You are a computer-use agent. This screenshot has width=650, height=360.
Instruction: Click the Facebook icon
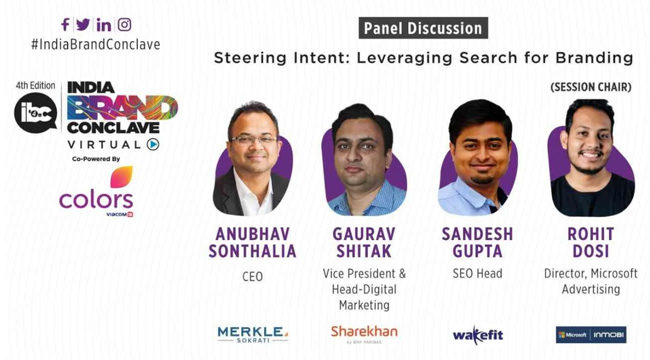[x=65, y=25]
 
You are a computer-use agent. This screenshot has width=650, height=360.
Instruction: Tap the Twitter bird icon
[x=83, y=25]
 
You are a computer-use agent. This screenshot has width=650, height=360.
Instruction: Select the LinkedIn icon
[x=103, y=25]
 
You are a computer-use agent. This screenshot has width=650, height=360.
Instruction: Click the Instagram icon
[x=125, y=25]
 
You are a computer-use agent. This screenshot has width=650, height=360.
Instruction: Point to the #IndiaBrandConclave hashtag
[x=96, y=45]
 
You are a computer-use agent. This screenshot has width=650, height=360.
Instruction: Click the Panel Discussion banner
[x=423, y=28]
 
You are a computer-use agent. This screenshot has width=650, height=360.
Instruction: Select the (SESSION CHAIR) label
[x=591, y=87]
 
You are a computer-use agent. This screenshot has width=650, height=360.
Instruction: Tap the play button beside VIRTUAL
[x=153, y=144]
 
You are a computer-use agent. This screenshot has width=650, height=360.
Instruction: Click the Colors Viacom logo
[x=96, y=192]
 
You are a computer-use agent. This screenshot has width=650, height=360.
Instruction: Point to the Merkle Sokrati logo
[x=253, y=334]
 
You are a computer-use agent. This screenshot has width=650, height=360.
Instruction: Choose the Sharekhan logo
[x=364, y=334]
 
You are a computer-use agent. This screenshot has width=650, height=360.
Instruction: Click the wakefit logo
[x=478, y=335]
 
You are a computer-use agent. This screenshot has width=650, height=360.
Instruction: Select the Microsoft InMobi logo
[x=591, y=335]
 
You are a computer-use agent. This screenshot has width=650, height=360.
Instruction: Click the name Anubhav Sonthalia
[x=252, y=242]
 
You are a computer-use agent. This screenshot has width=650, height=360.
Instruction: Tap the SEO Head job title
[x=477, y=274]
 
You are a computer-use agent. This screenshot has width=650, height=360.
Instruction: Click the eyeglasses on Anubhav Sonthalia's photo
[x=253, y=141]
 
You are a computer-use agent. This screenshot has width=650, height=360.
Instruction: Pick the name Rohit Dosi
[x=591, y=242]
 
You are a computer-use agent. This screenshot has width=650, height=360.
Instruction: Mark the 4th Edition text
[x=35, y=86]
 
